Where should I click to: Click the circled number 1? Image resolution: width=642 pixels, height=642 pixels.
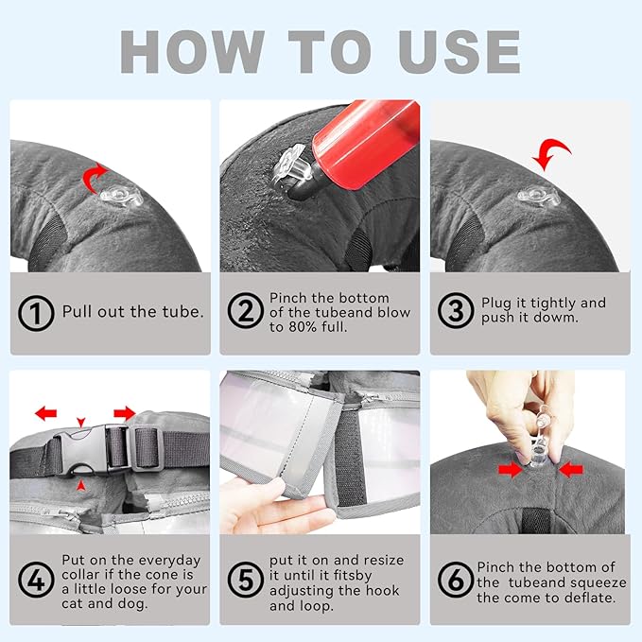[x=36, y=313]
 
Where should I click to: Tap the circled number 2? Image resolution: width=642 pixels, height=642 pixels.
[x=246, y=310]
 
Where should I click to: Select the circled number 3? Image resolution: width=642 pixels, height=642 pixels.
[x=456, y=310]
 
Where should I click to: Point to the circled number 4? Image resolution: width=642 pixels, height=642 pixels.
[x=36, y=580]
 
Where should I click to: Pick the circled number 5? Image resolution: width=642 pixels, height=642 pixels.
[x=246, y=580]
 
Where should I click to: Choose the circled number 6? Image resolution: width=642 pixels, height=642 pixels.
[x=456, y=580]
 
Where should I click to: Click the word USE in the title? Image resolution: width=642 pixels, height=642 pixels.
[x=460, y=52]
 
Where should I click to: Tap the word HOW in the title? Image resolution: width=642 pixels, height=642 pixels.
[x=193, y=52]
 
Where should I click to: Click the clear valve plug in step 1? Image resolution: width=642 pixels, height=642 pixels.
[x=122, y=197]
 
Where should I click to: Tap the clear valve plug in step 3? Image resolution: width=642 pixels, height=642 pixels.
[x=538, y=197]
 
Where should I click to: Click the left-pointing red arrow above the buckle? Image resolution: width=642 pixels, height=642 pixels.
[x=45, y=413]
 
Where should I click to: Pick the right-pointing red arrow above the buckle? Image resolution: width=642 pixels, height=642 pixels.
[x=125, y=413]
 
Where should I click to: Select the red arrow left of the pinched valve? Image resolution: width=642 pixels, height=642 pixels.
[x=511, y=470]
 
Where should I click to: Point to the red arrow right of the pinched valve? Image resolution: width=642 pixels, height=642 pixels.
[x=571, y=470]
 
